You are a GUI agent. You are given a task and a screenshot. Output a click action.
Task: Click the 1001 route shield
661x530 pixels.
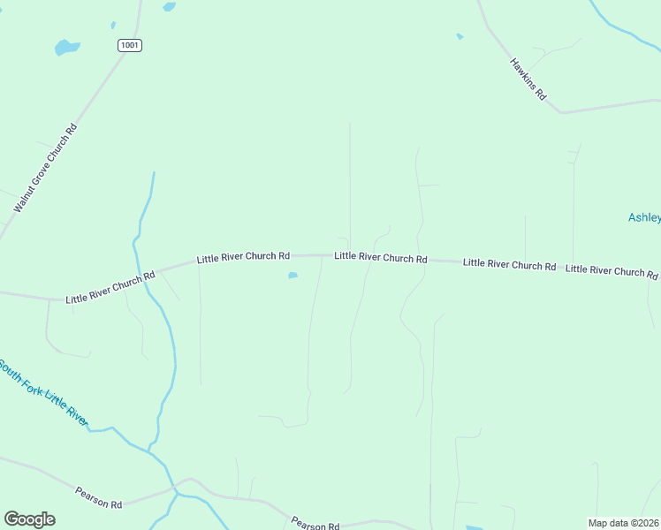click(130, 45)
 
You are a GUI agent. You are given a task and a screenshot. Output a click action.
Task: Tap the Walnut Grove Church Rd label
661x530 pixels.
click(46, 168)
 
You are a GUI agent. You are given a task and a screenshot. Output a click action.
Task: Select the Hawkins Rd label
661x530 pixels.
click(528, 79)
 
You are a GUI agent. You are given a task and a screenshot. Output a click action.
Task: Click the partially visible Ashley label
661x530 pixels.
click(644, 217)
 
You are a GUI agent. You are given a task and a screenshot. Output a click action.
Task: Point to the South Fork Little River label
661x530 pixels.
click(42, 392)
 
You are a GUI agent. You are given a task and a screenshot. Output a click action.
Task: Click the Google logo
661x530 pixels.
click(29, 519)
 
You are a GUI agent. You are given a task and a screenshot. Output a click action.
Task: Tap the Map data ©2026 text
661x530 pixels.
click(623, 523)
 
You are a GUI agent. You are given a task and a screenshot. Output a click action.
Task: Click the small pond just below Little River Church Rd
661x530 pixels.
click(293, 276)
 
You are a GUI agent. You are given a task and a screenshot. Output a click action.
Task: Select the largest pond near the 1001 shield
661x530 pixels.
click(66, 47)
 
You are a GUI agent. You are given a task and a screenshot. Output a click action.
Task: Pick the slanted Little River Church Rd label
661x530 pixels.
click(110, 288)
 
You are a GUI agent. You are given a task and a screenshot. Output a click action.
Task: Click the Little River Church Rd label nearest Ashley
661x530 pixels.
click(612, 270)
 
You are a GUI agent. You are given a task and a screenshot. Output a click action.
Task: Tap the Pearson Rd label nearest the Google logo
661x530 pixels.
click(98, 497)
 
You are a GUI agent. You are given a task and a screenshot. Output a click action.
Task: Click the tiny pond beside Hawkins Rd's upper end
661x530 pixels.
click(460, 36)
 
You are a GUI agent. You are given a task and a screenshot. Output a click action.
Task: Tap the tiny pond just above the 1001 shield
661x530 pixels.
click(113, 25)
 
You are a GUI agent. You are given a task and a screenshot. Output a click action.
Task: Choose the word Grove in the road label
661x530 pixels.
click(42, 174)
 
